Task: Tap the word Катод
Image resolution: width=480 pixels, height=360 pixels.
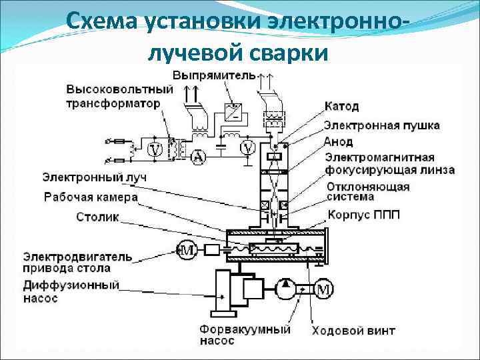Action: pyautogui.click(x=341, y=107)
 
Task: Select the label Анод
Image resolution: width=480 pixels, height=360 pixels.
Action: pyautogui.click(x=338, y=142)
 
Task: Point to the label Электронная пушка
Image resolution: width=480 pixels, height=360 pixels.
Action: pyautogui.click(x=381, y=125)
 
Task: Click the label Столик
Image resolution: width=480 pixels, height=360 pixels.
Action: pyautogui.click(x=97, y=217)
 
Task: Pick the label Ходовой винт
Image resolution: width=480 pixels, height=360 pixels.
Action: pyautogui.click(x=353, y=330)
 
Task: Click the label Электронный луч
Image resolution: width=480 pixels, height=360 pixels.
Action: pyautogui.click(x=95, y=178)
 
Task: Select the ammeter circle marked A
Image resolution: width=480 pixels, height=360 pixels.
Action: pyautogui.click(x=197, y=157)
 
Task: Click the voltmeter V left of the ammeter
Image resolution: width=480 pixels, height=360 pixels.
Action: pyautogui.click(x=155, y=149)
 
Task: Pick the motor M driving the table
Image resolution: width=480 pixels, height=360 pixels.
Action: pyautogui.click(x=186, y=250)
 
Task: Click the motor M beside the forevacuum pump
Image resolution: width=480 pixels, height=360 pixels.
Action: pyautogui.click(x=323, y=290)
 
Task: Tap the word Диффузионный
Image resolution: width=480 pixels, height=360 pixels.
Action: pyautogui.click(x=71, y=285)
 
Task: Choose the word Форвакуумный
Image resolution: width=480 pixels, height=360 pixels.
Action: pyautogui.click(x=245, y=329)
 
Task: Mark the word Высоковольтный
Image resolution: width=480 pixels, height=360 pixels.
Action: pyautogui.click(x=119, y=89)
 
